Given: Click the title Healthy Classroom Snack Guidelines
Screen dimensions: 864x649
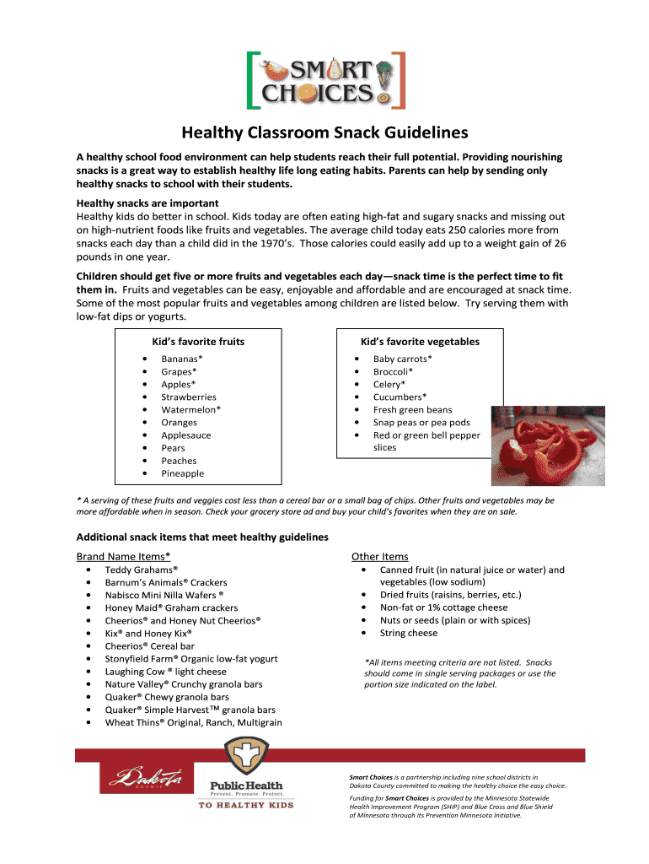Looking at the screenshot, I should [324, 133].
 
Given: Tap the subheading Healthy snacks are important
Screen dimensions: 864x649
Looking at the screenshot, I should [147, 203].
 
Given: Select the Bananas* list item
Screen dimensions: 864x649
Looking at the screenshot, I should [182, 359].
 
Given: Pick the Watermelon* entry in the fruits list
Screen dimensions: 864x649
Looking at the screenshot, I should [191, 409].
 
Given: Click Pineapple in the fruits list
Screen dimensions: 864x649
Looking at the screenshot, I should [183, 473].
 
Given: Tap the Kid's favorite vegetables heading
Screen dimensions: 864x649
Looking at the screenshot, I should [420, 342].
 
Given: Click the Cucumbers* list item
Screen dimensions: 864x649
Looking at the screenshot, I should [400, 397].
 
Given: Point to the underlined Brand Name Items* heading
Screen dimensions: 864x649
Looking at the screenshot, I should [124, 556].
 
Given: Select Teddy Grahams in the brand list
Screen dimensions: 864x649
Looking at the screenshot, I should [142, 570].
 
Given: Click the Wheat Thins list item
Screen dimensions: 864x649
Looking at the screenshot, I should [194, 722].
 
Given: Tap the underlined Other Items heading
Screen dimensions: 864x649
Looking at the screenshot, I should [379, 556].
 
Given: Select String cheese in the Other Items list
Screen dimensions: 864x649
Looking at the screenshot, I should [409, 633].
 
